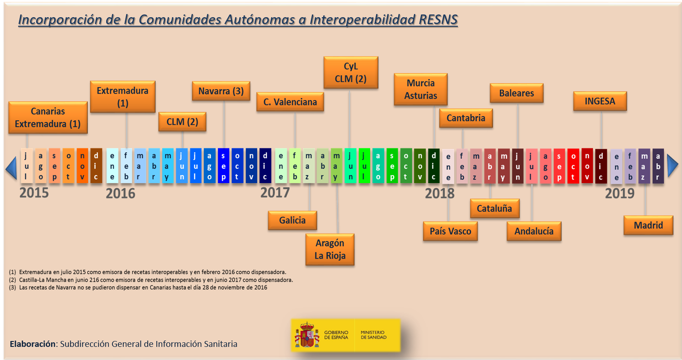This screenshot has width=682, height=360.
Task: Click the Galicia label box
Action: point(292,220)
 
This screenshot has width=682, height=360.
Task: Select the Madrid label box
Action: point(648,225)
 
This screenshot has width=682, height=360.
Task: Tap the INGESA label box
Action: point(600,101)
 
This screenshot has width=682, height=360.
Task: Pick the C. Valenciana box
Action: point(290,102)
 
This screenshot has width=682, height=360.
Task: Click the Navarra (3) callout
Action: point(221,91)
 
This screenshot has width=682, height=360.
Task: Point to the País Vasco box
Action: point(450,231)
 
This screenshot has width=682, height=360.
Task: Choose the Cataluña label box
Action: point(494,208)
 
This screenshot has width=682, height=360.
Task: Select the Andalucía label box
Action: point(534,231)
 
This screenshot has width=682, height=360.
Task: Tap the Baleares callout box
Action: point(517,93)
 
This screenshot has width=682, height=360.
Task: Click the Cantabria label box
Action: point(466,118)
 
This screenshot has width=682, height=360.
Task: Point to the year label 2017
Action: point(275,192)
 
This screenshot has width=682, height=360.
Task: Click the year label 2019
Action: point(620,194)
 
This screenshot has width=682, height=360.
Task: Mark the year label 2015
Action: point(34,193)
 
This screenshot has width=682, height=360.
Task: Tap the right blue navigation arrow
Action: point(673,166)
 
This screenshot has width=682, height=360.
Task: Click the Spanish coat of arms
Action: point(307,335)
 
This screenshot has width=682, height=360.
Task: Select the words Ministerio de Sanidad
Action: point(373,335)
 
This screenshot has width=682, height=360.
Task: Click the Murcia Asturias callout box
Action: point(420,89)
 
